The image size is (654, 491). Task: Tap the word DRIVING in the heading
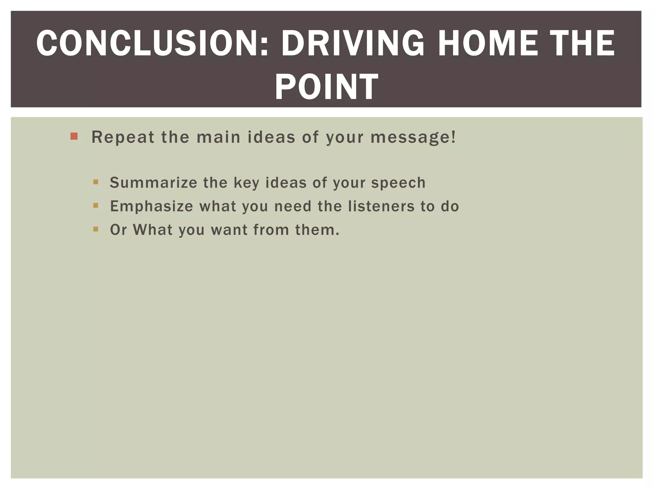(x=353, y=43)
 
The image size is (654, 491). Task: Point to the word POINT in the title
(x=326, y=87)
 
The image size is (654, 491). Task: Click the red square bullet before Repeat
(x=74, y=136)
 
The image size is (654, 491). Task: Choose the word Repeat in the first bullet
(x=123, y=137)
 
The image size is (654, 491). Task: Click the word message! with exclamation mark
(x=413, y=137)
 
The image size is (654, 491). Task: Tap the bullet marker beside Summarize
(x=95, y=182)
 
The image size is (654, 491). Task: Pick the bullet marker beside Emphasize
(x=95, y=206)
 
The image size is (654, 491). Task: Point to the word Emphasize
(x=151, y=206)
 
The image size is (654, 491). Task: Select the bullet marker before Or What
(x=95, y=229)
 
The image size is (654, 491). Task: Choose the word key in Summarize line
(x=246, y=183)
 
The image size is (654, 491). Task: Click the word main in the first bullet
(x=218, y=137)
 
